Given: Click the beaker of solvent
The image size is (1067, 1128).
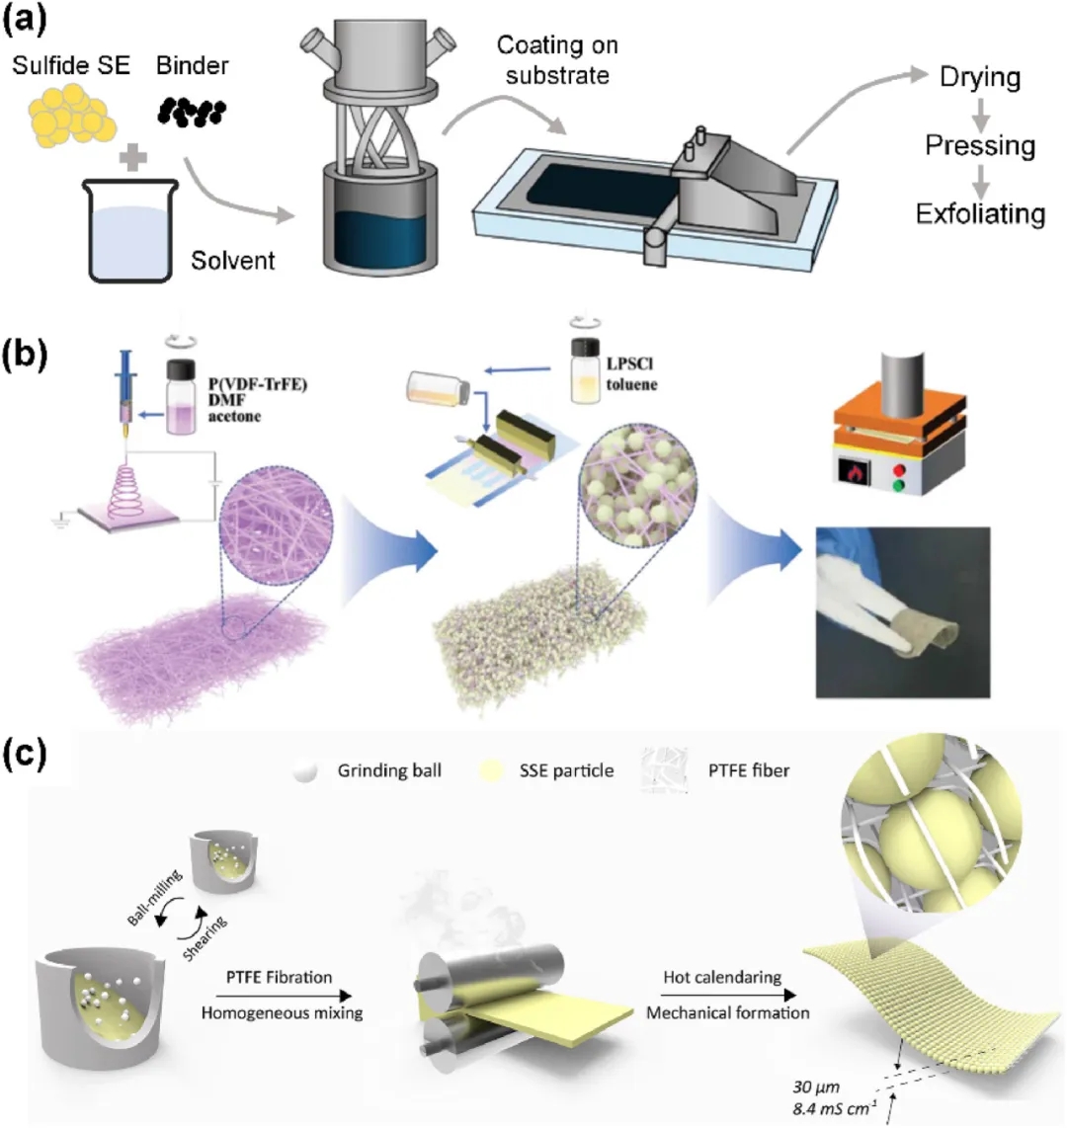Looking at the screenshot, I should click(134, 230).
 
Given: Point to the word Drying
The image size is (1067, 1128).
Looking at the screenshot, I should click(980, 78).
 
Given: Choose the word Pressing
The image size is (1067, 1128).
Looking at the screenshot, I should click(980, 146).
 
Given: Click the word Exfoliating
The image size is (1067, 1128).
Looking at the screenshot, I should click(980, 213).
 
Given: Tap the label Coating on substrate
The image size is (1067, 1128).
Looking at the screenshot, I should click(557, 59).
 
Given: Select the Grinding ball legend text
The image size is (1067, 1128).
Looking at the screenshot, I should click(388, 770).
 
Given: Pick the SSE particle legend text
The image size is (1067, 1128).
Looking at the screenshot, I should click(566, 770).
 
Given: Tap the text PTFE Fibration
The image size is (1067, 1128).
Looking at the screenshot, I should click(266, 977).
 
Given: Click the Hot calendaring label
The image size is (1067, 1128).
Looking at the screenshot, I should click(722, 977).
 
